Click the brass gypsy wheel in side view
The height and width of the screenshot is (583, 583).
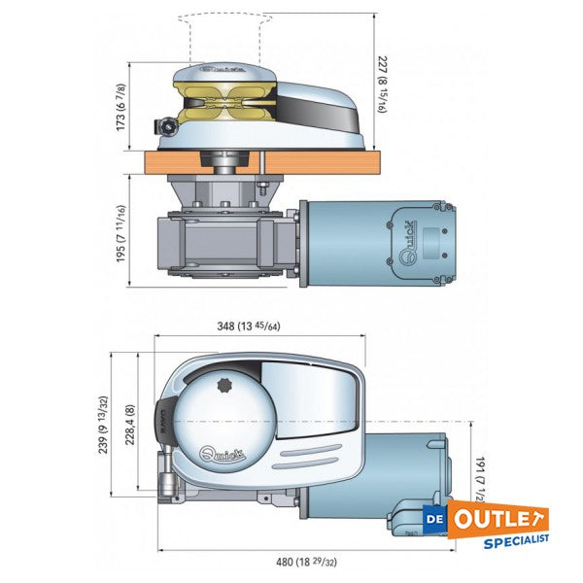pyautogui.click(x=226, y=101)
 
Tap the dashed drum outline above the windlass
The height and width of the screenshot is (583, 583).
pyautogui.click(x=224, y=35)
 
